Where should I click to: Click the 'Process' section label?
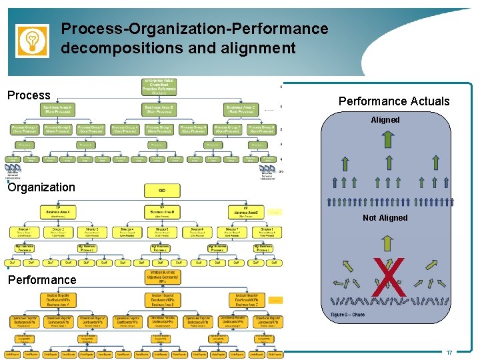[x=29, y=95]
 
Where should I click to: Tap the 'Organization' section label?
[x=41, y=187]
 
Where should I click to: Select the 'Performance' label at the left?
[x=41, y=279]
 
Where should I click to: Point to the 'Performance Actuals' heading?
[x=394, y=101]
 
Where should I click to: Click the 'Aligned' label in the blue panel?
[x=385, y=120]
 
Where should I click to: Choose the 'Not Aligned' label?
[x=385, y=218]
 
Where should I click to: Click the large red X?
[x=389, y=278]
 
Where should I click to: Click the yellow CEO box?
[x=162, y=190]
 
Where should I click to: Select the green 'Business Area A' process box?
[x=59, y=109]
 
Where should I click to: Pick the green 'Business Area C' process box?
[x=241, y=109]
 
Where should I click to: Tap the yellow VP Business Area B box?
[x=162, y=212]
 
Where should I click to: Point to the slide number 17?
[x=449, y=352]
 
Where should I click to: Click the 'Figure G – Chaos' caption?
[x=347, y=315]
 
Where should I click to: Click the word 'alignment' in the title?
[x=257, y=48]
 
